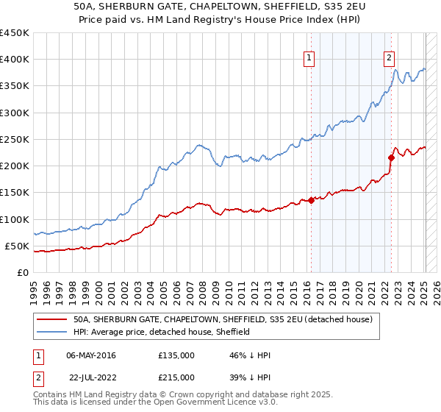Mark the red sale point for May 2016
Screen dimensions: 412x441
coord(311,200)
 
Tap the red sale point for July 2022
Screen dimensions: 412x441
coord(391,157)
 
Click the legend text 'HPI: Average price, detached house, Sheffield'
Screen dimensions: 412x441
coord(162,332)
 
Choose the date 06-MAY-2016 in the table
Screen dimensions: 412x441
coord(91,355)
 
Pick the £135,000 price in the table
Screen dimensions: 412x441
coord(176,355)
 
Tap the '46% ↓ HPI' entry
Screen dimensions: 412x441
coord(250,355)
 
